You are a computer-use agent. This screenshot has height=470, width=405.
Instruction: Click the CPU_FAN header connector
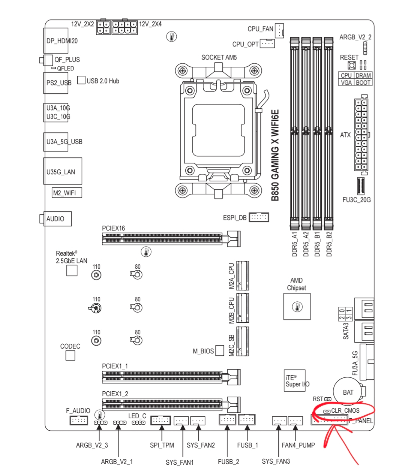point(279,31)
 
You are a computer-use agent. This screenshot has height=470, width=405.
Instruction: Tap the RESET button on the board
point(351,66)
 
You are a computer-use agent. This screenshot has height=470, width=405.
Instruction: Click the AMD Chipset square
point(297,306)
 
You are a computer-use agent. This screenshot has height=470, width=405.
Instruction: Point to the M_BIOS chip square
point(220,350)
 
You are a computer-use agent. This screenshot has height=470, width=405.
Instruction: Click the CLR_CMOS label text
point(345,410)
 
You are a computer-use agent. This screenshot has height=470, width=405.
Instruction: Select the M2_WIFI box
point(67,193)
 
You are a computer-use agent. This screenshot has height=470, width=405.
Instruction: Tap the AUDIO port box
point(57,219)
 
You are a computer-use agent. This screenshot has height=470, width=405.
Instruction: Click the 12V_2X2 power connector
point(103,27)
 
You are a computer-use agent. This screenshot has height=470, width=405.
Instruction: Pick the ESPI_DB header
point(259,217)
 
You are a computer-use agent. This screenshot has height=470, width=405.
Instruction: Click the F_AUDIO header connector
point(79,420)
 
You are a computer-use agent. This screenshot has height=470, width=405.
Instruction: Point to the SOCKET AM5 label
point(219,57)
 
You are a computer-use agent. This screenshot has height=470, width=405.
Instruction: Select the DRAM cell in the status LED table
point(363,75)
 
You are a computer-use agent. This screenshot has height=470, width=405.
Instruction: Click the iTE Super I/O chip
point(294,380)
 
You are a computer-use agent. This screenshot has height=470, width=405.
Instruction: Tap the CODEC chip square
point(70,355)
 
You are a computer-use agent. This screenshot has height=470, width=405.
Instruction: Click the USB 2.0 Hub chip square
point(81,80)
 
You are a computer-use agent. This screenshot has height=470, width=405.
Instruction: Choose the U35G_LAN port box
point(63,171)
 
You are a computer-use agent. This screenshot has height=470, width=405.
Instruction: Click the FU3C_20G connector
point(360,186)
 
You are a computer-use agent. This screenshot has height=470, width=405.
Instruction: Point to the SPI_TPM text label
point(162,445)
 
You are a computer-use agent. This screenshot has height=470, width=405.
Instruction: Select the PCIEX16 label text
point(113,228)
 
